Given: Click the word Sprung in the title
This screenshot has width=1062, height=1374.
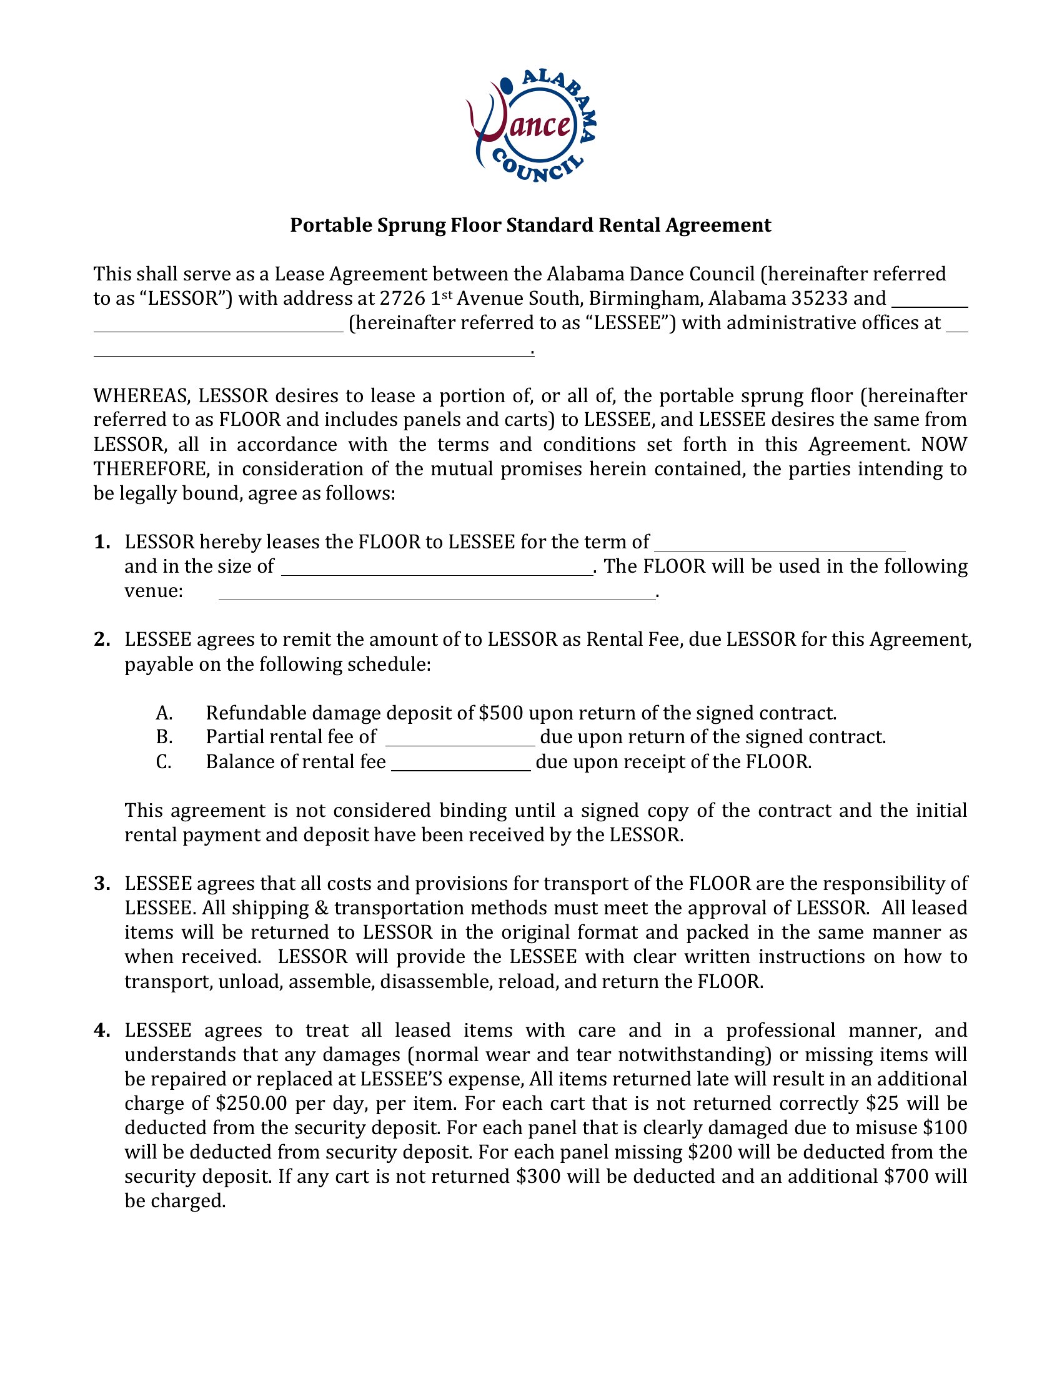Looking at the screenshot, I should coord(412,225).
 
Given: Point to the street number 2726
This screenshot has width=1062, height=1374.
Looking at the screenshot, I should coord(400,298).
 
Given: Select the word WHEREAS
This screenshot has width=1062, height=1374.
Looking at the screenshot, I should coord(142,396).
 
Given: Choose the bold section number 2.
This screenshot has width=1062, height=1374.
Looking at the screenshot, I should coord(102,640).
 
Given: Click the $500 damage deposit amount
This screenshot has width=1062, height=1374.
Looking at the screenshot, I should coord(501,713).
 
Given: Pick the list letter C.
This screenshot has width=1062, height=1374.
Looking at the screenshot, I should coord(164,762).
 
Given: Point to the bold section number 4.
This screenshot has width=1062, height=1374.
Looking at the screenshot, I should coord(102,1030).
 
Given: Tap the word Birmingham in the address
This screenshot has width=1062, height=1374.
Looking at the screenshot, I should coord(645,298).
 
